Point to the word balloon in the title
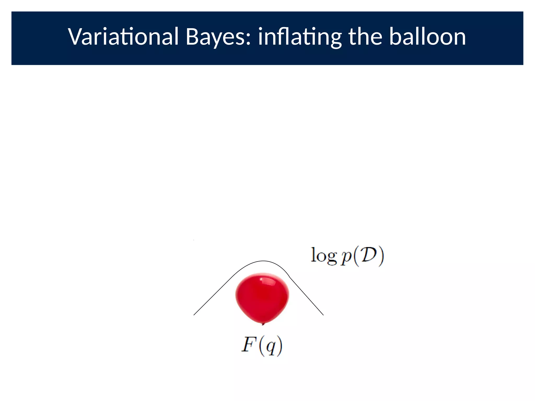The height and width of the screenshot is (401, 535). tap(427, 37)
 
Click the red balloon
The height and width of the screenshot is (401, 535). tap(262, 298)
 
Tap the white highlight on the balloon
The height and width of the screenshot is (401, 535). tap(267, 281)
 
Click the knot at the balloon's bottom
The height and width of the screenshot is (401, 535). tap(263, 324)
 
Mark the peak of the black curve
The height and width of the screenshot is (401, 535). tap(263, 261)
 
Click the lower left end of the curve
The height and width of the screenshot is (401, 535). tap(194, 315)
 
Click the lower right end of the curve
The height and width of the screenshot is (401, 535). tap(323, 315)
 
